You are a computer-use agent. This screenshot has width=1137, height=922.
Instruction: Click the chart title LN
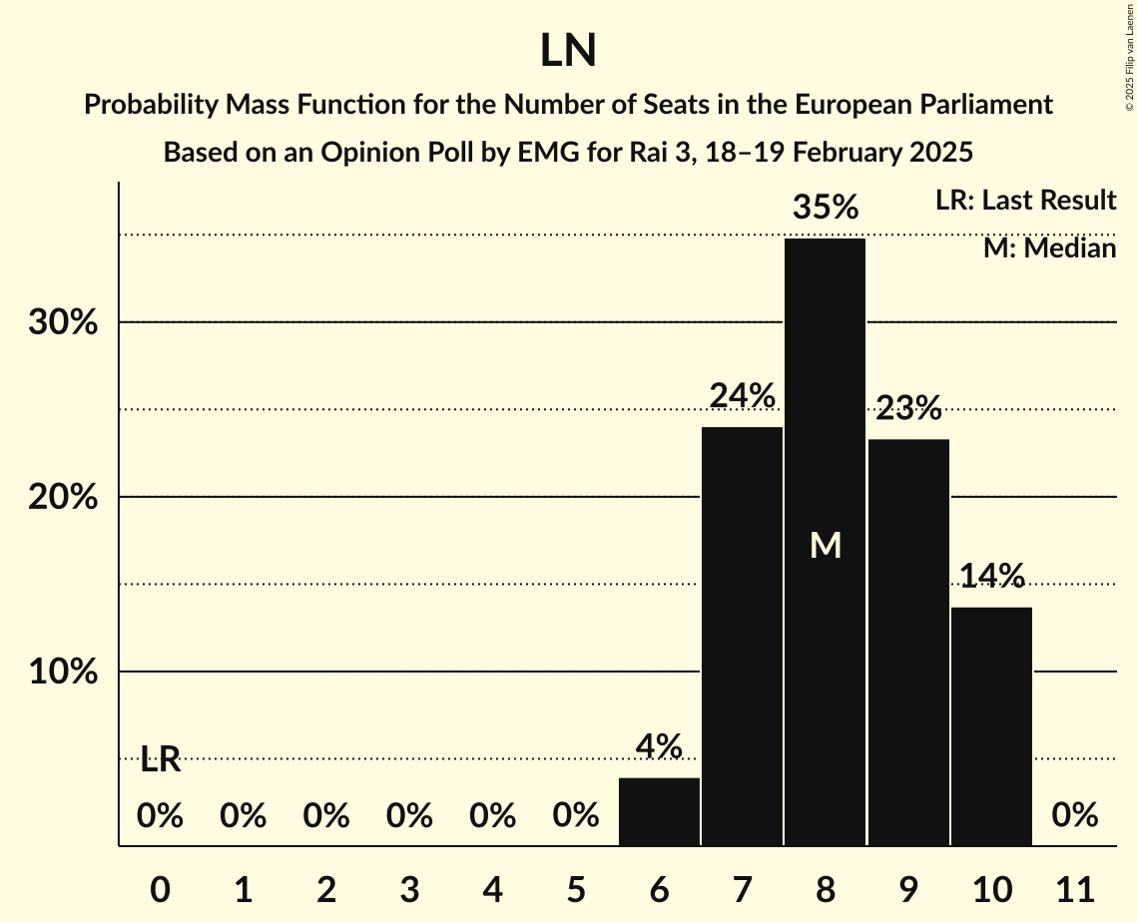click(x=568, y=52)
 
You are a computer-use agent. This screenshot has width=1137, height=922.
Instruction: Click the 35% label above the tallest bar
click(x=825, y=208)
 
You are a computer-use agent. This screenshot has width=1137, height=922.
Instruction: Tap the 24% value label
click(x=742, y=396)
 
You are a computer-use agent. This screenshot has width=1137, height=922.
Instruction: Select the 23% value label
click(x=908, y=408)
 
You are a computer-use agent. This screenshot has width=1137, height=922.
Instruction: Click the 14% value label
click(x=991, y=576)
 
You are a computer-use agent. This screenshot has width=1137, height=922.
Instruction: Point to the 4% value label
click(x=659, y=746)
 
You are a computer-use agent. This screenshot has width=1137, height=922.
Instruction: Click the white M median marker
click(x=825, y=545)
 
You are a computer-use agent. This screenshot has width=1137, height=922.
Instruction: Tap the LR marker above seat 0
click(x=160, y=760)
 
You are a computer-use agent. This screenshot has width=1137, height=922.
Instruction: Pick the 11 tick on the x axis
click(x=1074, y=887)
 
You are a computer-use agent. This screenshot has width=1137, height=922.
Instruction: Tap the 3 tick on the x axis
click(x=409, y=887)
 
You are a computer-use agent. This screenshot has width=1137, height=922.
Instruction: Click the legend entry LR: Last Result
click(x=1025, y=201)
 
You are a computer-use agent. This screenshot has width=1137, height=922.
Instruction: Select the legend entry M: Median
click(x=1049, y=248)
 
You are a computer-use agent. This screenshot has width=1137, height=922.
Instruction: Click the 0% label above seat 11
click(x=1074, y=816)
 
